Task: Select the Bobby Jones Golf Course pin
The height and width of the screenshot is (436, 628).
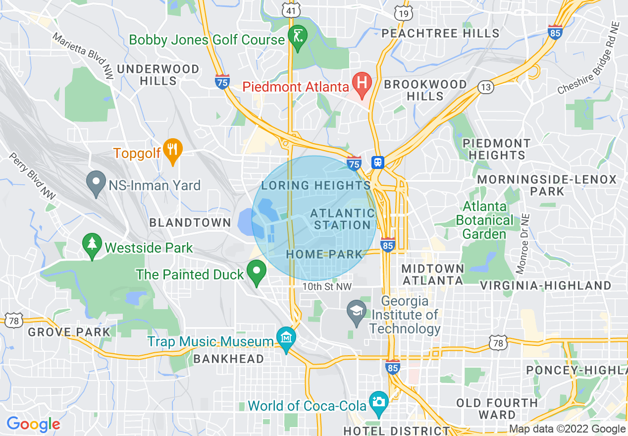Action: pyautogui.click(x=298, y=37)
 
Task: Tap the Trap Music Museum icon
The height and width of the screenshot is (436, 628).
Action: pyautogui.click(x=286, y=338)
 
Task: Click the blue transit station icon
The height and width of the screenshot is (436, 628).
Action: pyautogui.click(x=378, y=162)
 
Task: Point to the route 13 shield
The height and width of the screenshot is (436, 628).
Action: pyautogui.click(x=486, y=87)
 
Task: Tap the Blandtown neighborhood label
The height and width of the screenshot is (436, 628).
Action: pyautogui.click(x=190, y=223)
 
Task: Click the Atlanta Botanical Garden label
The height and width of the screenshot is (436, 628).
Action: pyautogui.click(x=485, y=220)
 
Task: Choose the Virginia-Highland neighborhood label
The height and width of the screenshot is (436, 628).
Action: pyautogui.click(x=546, y=285)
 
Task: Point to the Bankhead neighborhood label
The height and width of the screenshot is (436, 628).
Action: pyautogui.click(x=228, y=359)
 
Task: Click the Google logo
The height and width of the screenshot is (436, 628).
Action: pyautogui.click(x=33, y=424)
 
